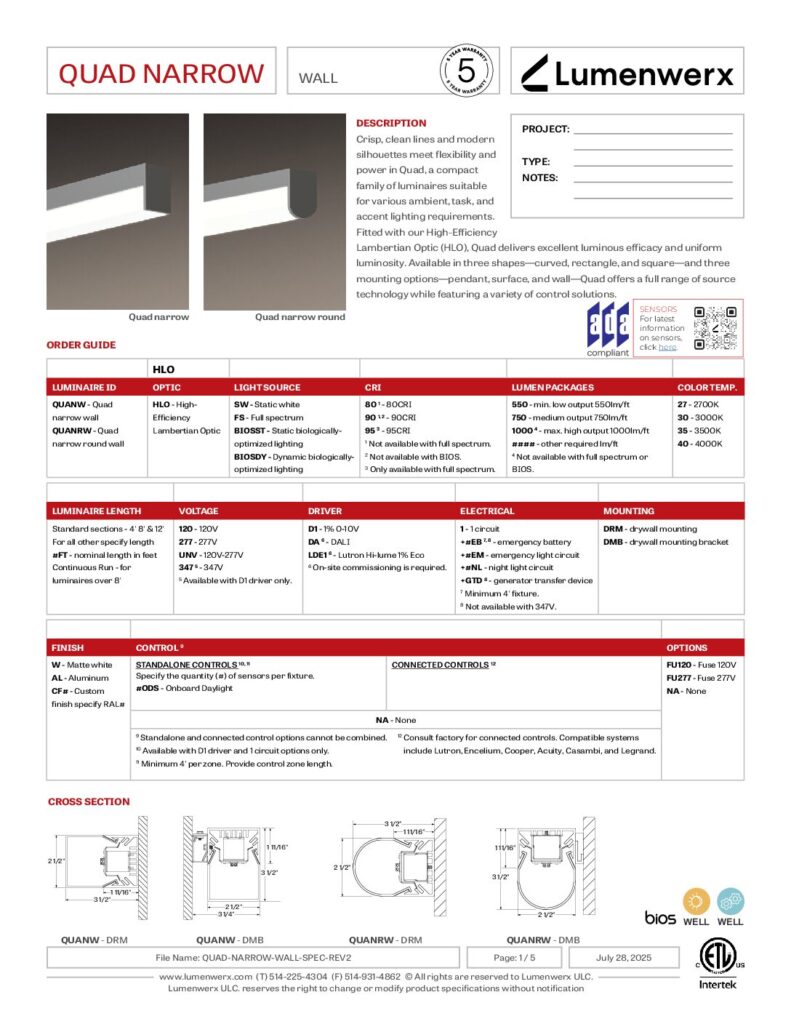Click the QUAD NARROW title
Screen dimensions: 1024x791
(161, 74)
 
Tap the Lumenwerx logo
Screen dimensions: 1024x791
(628, 73)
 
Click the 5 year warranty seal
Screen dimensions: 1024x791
(465, 71)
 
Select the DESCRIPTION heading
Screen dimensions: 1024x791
(391, 123)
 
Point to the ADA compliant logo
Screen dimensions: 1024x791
(608, 329)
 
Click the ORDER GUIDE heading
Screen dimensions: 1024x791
(81, 345)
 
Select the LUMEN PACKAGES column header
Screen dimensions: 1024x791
(552, 386)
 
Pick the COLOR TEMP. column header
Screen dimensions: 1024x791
(707, 386)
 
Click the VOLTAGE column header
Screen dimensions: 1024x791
(198, 510)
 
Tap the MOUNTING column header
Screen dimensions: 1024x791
(628, 510)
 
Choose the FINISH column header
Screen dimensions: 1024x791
(68, 647)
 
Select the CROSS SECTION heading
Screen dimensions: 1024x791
(89, 801)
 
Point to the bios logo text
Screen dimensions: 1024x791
(660, 917)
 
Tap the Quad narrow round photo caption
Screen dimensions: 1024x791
(300, 317)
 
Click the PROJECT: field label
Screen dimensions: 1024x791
(546, 129)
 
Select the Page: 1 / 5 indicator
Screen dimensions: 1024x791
(518, 957)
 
